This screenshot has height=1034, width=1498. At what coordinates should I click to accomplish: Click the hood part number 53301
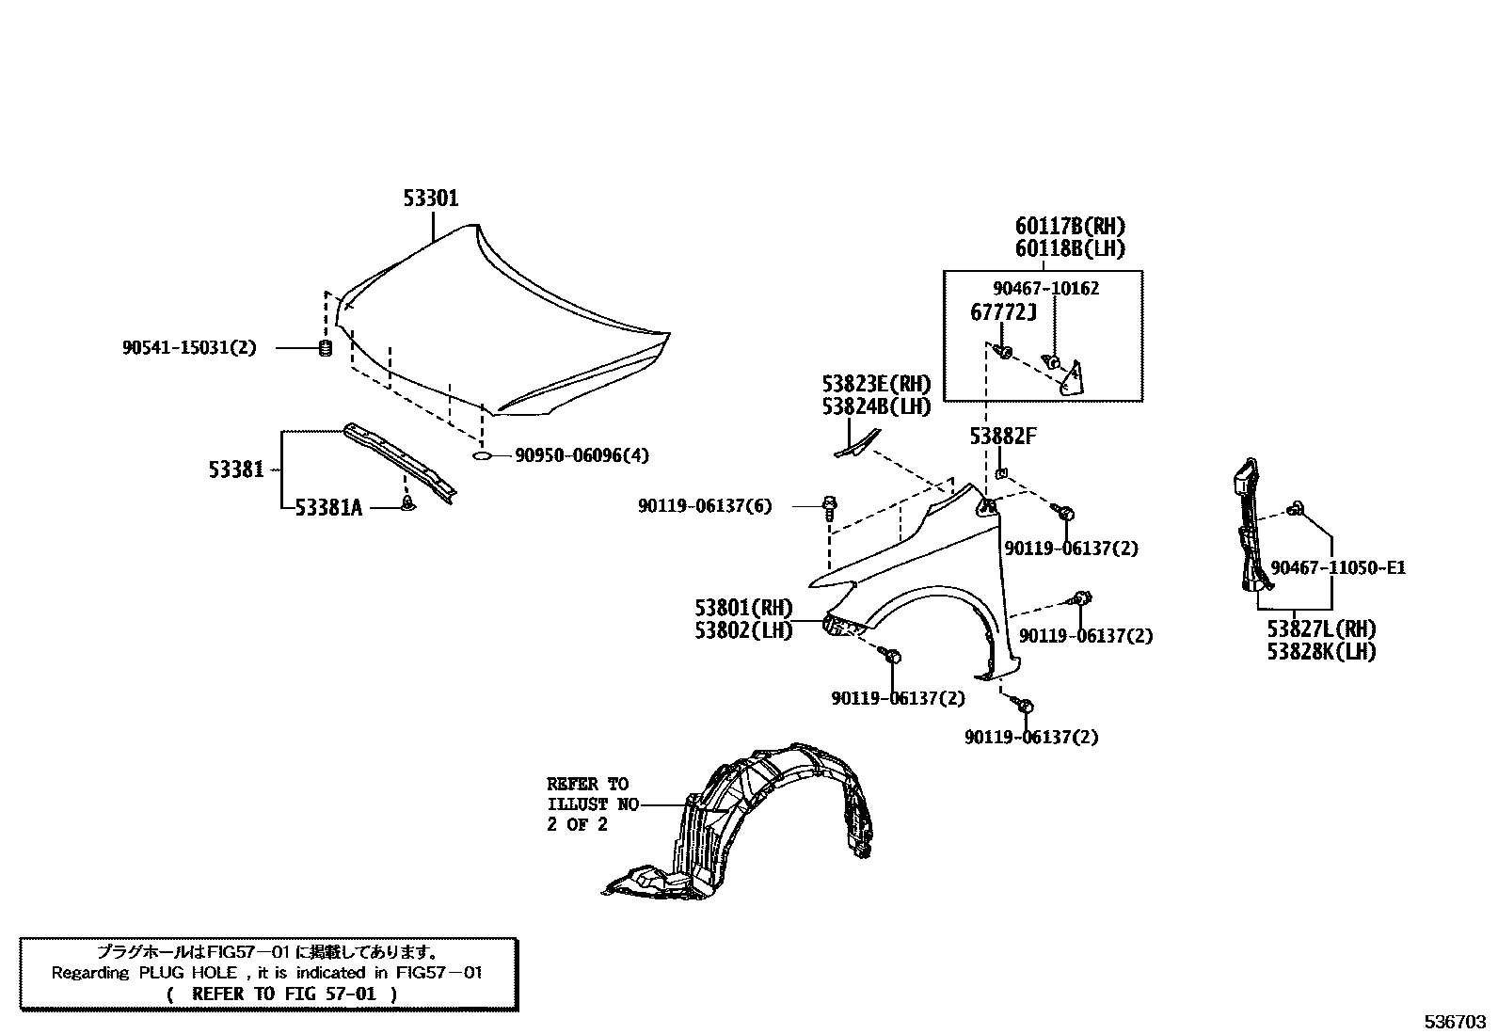(x=431, y=199)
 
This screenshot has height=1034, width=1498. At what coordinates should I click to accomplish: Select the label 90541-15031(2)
(x=188, y=348)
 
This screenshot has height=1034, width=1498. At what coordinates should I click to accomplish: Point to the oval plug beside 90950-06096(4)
(x=482, y=456)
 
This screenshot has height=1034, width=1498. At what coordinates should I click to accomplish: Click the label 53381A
(x=328, y=508)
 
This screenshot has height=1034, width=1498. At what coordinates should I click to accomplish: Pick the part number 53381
(x=236, y=469)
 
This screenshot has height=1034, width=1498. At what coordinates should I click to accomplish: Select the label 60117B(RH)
(x=1070, y=227)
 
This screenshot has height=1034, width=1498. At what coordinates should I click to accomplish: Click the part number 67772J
(x=1003, y=312)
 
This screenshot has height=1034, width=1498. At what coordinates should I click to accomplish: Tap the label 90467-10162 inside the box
(x=1045, y=289)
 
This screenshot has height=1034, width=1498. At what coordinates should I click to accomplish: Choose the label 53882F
(x=1003, y=437)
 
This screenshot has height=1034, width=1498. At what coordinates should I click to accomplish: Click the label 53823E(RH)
(x=875, y=384)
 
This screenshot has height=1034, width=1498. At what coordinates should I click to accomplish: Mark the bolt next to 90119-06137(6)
(x=829, y=507)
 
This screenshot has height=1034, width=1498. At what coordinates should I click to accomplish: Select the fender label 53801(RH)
(x=743, y=608)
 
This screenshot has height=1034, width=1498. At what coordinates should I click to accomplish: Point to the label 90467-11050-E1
(x=1337, y=568)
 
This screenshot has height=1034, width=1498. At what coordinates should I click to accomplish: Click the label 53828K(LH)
(x=1321, y=651)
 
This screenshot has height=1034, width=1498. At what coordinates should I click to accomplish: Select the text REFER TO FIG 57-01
(x=282, y=994)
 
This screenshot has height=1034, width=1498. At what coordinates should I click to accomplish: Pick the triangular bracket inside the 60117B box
(x=1072, y=377)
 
